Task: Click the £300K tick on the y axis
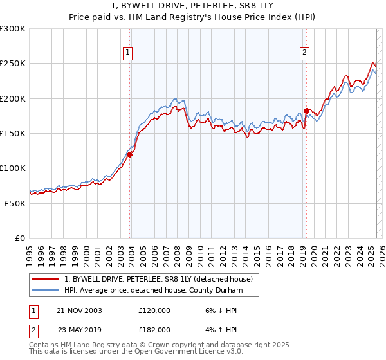pyautogui.click(x=13, y=29)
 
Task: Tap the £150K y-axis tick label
pyautogui.click(x=13, y=134)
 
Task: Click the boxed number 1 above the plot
pyautogui.click(x=128, y=53)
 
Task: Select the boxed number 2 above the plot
pyautogui.click(x=304, y=53)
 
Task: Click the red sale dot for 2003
pyautogui.click(x=130, y=154)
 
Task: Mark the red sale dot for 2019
pyautogui.click(x=306, y=111)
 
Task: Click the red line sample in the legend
pyautogui.click(x=46, y=279)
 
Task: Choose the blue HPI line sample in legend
pyautogui.click(x=46, y=290)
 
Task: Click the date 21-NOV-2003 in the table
pyautogui.click(x=79, y=310)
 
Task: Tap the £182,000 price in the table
pyautogui.click(x=154, y=329)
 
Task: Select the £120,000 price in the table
pyautogui.click(x=154, y=310)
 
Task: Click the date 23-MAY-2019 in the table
pyautogui.click(x=79, y=329)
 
